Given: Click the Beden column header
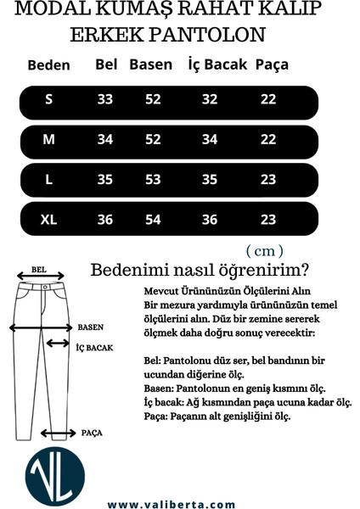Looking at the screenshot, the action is coord(48,65).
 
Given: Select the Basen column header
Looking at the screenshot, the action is coord(150,64).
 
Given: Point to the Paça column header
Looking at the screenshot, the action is coord(272,64).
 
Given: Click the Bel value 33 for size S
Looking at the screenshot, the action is coord(105,100).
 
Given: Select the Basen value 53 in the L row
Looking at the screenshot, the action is coord(153,179).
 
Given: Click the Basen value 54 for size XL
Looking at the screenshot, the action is coord(153,219).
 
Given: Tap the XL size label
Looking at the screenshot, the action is coord(49,219).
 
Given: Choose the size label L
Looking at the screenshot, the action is coord(49,179).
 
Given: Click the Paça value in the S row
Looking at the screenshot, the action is coord(268,100).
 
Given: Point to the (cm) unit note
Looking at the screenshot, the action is coord(263,251).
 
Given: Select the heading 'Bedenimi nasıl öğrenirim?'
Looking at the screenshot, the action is coord(200,271).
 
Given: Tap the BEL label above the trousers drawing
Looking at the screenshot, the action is coord(38,269).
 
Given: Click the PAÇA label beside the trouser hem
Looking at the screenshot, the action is coord(92,433).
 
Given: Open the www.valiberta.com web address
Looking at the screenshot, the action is coord(171,503).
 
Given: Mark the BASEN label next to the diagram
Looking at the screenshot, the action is coord(91,327).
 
